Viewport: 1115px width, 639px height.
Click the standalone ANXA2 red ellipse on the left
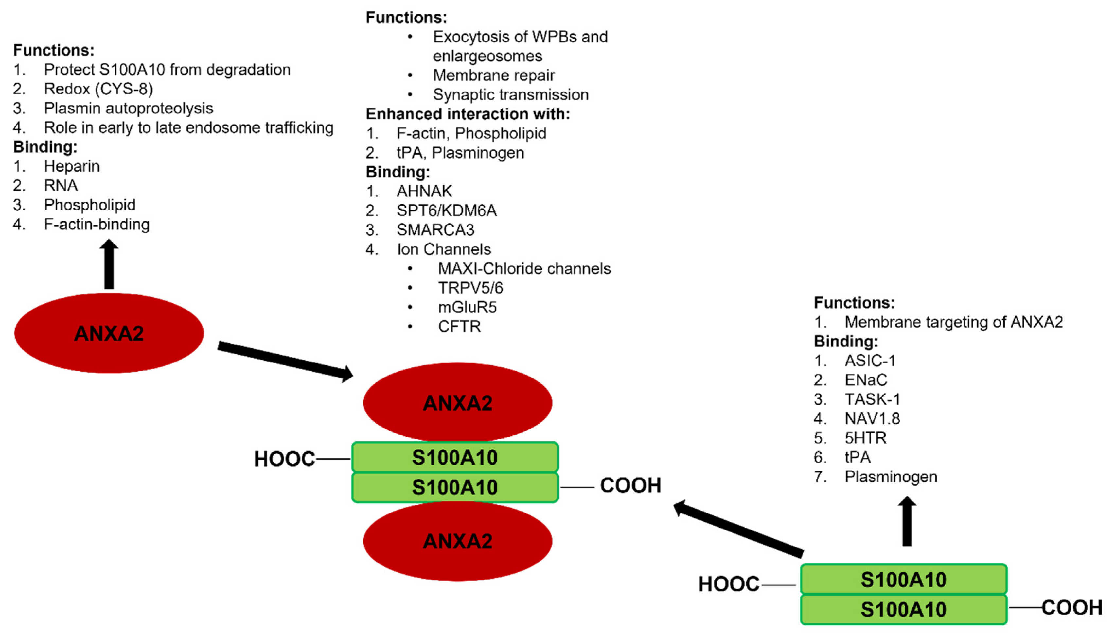(109, 333)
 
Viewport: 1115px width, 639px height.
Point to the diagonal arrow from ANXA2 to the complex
(285, 361)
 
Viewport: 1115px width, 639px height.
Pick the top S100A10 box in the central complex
(455, 457)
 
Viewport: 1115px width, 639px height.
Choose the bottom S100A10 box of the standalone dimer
(903, 609)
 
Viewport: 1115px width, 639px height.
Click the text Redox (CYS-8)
(98, 89)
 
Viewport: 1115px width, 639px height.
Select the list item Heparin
(72, 166)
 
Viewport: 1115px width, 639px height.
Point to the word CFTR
(459, 327)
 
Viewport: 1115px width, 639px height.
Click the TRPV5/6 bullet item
(470, 288)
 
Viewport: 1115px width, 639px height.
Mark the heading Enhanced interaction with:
(468, 114)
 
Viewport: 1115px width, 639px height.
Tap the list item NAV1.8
(872, 419)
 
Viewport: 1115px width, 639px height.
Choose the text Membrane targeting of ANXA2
(953, 322)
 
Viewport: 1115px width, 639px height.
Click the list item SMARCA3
(435, 230)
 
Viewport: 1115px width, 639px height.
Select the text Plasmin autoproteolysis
(128, 109)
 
